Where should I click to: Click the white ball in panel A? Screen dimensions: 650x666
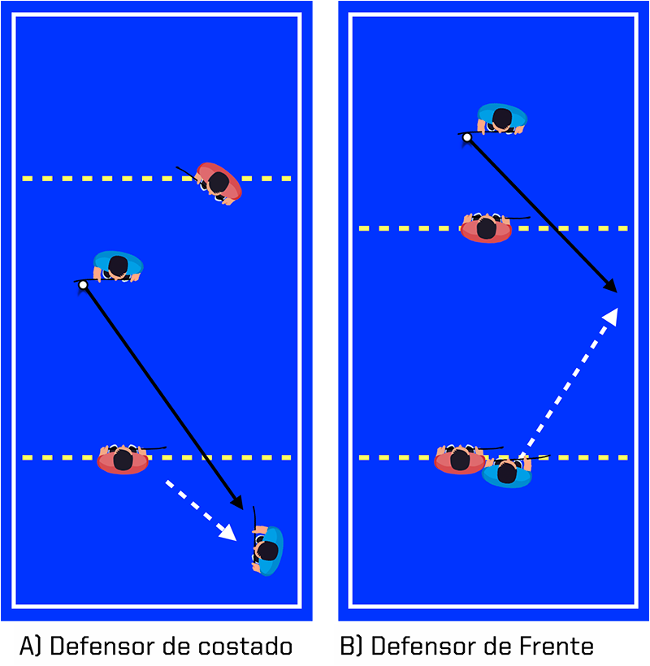coord(82,285)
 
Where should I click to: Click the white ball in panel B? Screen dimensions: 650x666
coord(466,138)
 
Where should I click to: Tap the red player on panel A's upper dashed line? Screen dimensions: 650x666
coord(219,183)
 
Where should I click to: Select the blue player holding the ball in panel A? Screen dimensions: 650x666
coord(119,266)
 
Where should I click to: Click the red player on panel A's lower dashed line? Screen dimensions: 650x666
coord(123,460)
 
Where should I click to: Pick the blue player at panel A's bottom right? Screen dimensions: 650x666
coord(267,550)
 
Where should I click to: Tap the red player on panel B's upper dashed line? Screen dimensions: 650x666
coord(486,227)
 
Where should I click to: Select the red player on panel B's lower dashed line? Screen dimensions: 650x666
coord(460,460)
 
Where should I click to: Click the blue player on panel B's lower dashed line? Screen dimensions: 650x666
coord(507,472)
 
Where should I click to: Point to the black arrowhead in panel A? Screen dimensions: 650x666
coord(236,503)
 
